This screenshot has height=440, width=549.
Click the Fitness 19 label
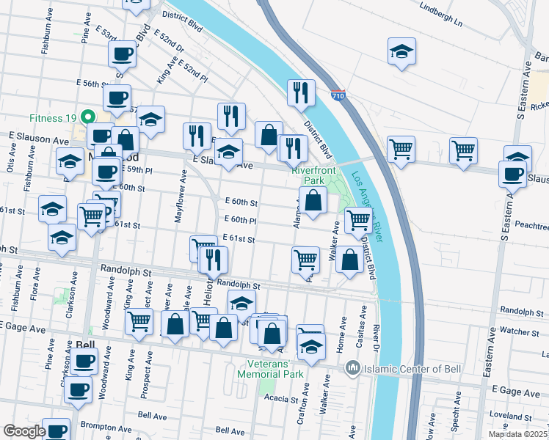pyautogui.click(x=54, y=117)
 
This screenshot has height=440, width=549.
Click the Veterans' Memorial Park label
pyautogui.click(x=270, y=368)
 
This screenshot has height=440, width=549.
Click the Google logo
pyautogui.click(x=23, y=430)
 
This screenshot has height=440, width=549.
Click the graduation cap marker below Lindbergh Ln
pyautogui.click(x=401, y=52)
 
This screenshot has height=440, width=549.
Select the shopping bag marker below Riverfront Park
pyautogui.click(x=313, y=199)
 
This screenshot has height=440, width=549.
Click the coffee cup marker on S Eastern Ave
pyautogui.click(x=512, y=174)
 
